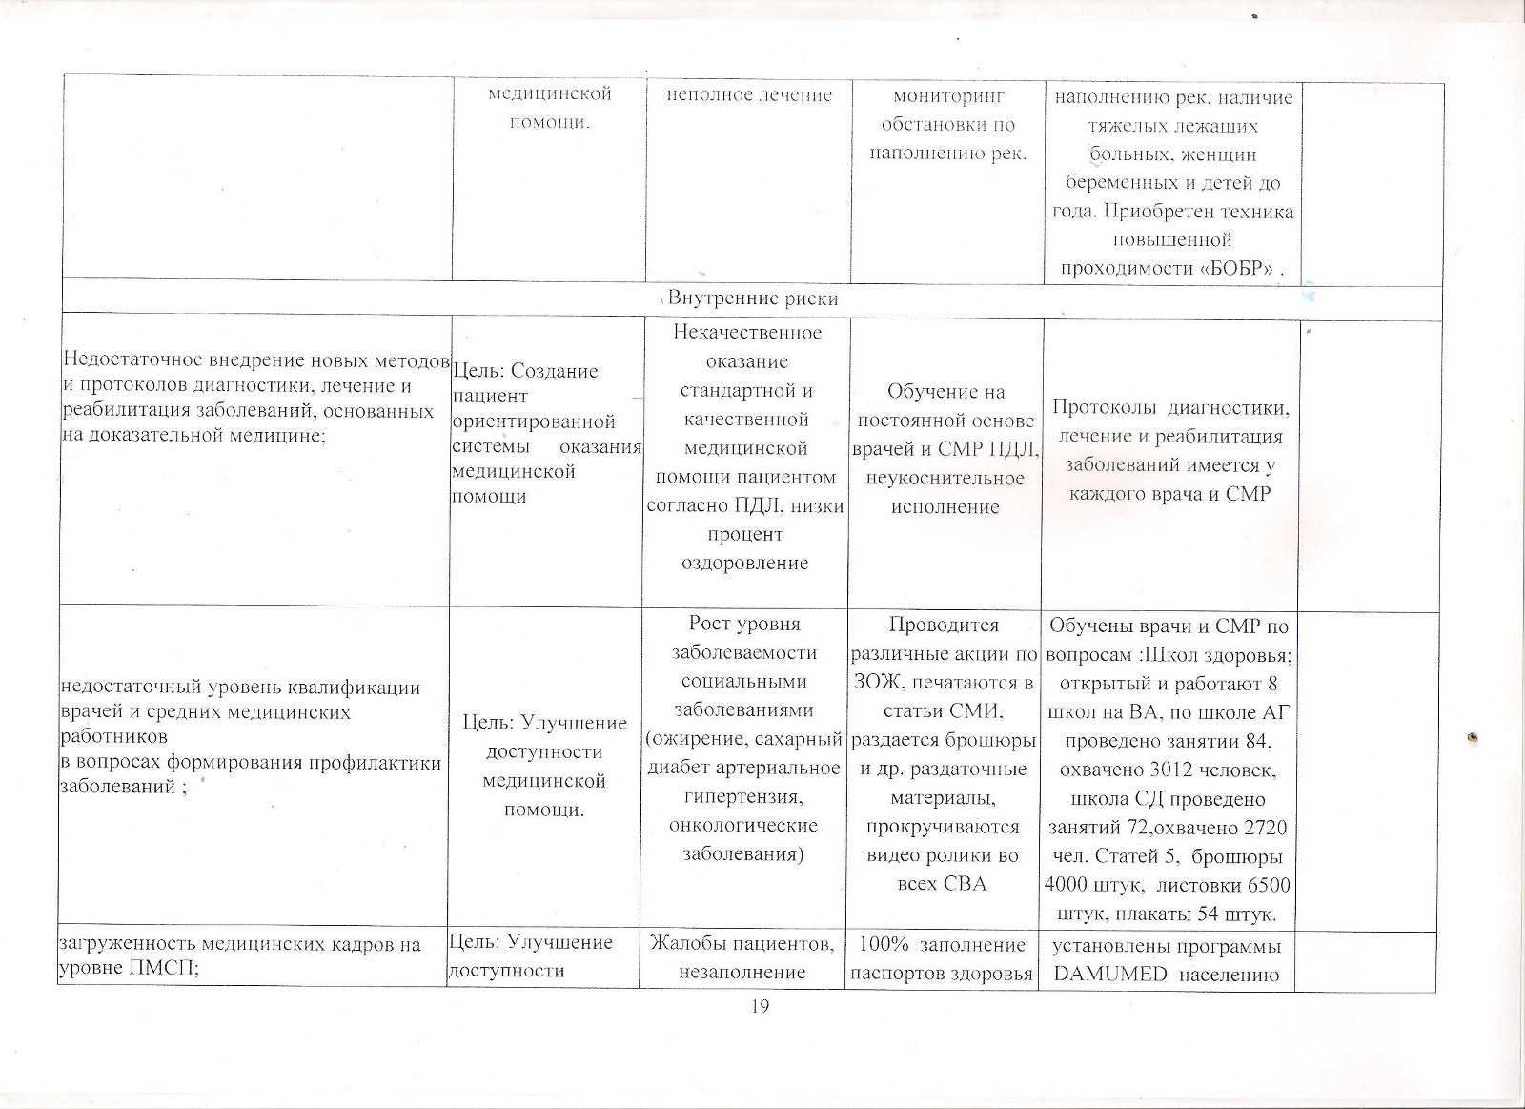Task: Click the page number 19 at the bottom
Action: (x=759, y=1008)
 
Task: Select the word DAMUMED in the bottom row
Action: (x=1111, y=974)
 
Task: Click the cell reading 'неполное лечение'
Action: (x=748, y=95)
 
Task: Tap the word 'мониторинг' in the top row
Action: (x=947, y=96)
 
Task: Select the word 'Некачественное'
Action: (x=747, y=333)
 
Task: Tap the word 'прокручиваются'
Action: (x=943, y=826)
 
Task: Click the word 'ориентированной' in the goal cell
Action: (x=535, y=421)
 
